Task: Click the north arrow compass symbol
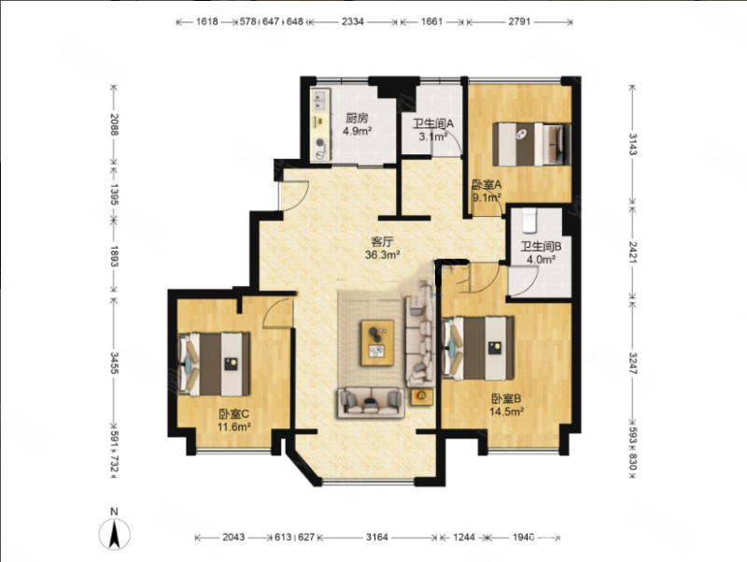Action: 114,533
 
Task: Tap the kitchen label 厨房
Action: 357,118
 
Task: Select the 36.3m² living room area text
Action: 382,254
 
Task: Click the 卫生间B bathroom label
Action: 541,247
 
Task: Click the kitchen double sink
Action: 319,101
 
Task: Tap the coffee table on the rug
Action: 377,342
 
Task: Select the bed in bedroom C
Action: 214,364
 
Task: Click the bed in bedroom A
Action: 531,145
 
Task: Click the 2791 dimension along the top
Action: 519,22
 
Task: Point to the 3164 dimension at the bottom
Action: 377,537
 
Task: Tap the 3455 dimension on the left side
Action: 114,363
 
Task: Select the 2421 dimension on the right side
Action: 632,252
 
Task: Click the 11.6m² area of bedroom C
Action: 234,427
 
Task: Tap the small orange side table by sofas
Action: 422,396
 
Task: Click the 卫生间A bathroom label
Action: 433,124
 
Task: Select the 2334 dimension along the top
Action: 353,22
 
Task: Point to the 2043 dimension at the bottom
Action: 234,537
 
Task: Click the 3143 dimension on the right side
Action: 632,144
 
